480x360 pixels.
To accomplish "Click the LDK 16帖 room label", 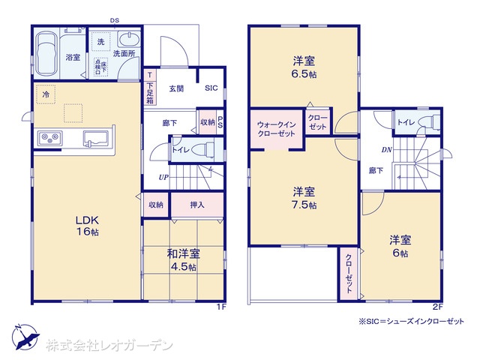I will tap(85, 226).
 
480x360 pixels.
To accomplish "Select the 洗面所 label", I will tap(123, 54).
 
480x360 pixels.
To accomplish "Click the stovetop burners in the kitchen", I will tap(50, 138).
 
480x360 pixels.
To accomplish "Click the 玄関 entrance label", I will tap(177, 88).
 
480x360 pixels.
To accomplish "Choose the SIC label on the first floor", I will tap(211, 88).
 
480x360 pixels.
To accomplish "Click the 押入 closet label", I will tap(196, 204).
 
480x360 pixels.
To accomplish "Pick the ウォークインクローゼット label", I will tap(276, 128).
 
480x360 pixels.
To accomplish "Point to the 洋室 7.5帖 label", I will tap(303, 197).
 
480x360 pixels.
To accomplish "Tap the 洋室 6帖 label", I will tap(399, 247).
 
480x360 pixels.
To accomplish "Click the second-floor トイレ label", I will tap(407, 122).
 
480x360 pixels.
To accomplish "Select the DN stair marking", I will tap(386, 149).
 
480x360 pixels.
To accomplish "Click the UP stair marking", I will tap(162, 177).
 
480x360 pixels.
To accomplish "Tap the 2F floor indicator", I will tap(436, 307).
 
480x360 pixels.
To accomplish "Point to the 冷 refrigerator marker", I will tap(46, 95).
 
